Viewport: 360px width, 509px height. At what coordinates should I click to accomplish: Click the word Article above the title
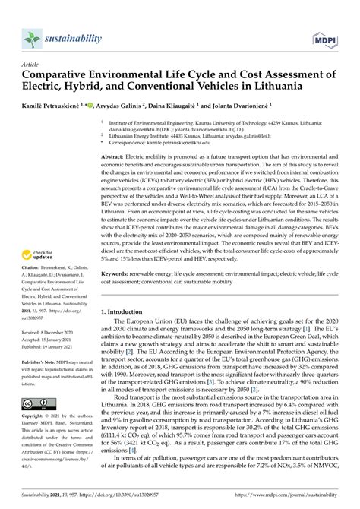pos(33,65)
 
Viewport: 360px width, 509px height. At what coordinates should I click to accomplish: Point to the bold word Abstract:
pos(116,155)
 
